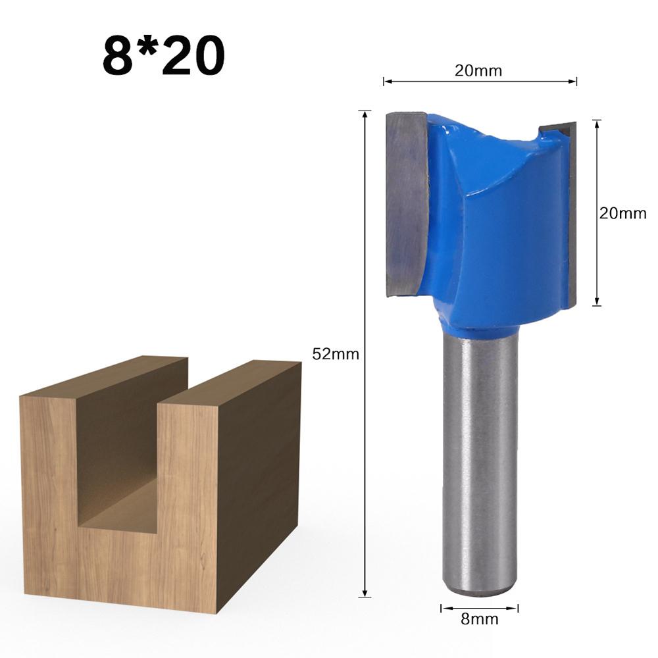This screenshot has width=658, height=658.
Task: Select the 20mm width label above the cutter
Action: pyautogui.click(x=478, y=71)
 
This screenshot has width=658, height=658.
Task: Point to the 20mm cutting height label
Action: pyautogui.click(x=622, y=213)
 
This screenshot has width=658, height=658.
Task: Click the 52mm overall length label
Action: pyautogui.click(x=336, y=354)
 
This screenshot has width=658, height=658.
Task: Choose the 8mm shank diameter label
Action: pyautogui.click(x=479, y=619)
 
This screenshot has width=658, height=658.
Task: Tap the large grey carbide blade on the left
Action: pyautogui.click(x=407, y=204)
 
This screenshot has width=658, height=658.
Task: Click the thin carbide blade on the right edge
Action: pyautogui.click(x=570, y=217)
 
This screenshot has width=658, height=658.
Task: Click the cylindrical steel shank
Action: pyautogui.click(x=479, y=461)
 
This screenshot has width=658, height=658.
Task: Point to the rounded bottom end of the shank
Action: pyautogui.click(x=479, y=590)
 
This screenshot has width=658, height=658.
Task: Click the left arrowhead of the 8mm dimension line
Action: pyautogui.click(x=443, y=608)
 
